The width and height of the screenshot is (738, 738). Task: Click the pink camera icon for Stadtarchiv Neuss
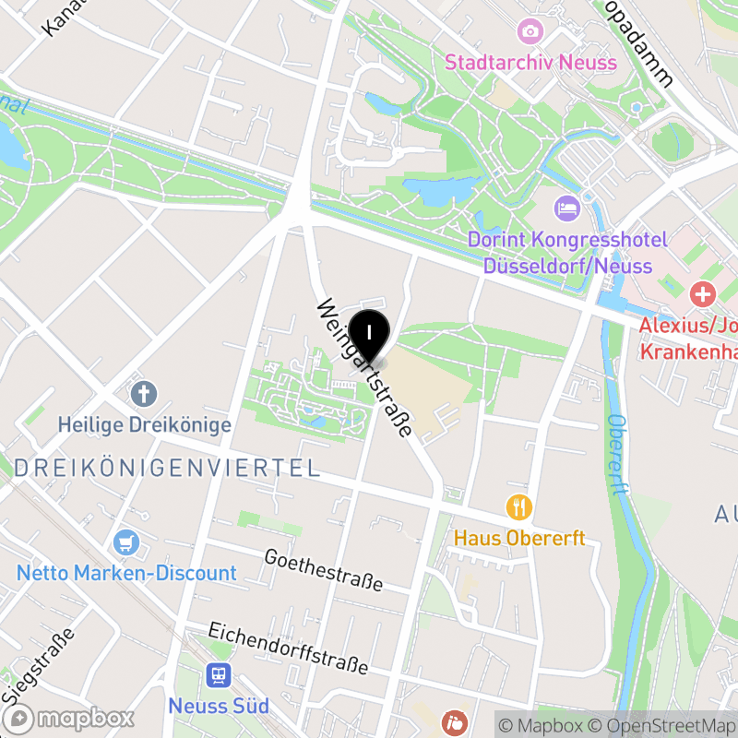click(x=530, y=32)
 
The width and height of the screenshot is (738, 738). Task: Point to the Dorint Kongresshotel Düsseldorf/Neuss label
click(x=566, y=252)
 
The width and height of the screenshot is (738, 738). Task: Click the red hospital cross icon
click(x=703, y=295)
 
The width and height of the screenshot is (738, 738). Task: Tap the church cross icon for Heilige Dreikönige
click(x=143, y=395)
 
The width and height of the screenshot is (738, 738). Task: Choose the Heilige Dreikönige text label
click(x=144, y=425)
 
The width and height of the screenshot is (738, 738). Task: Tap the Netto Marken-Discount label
click(x=126, y=573)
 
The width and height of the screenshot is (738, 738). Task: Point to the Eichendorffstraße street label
click(x=288, y=649)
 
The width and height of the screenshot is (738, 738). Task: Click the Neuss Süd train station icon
click(x=219, y=676)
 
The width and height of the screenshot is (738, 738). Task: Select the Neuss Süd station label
click(x=219, y=707)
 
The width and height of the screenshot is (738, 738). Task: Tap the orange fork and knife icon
click(x=519, y=506)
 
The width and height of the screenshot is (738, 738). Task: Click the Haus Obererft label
click(x=519, y=537)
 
